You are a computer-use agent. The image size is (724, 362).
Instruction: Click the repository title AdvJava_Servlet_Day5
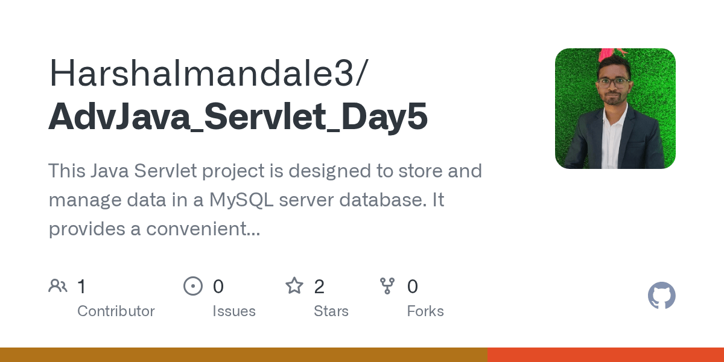[x=238, y=116]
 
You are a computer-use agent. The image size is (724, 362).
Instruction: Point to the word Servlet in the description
[x=159, y=171]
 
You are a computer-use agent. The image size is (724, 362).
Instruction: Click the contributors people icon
[x=58, y=286]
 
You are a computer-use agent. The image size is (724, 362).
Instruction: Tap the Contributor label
[x=116, y=311]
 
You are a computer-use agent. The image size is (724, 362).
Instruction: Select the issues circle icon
[x=193, y=286]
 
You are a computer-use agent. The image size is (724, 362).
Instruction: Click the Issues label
[x=234, y=311]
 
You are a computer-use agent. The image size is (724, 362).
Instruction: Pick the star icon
[x=294, y=286]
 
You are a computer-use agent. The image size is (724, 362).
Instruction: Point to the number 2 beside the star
[x=319, y=287]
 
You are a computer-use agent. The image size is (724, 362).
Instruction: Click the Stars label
[x=331, y=311]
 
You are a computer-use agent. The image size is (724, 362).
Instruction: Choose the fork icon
[x=387, y=286]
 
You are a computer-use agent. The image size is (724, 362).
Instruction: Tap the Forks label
[x=425, y=311]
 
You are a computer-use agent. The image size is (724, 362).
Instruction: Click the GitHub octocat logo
[x=661, y=296]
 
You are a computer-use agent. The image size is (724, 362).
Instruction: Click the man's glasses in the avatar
[x=614, y=82]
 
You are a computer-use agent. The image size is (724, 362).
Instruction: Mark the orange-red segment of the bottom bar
[x=605, y=355]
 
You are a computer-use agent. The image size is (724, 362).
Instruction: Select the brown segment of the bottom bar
[x=243, y=355]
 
